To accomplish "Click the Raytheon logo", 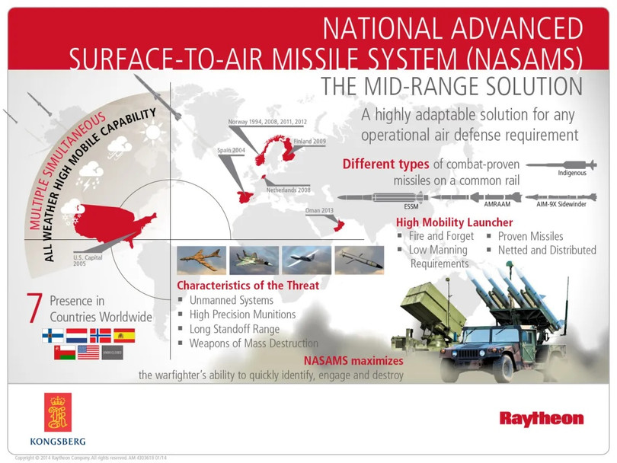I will (542, 418).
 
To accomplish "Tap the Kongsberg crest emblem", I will (57, 412).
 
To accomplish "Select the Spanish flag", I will (123, 335).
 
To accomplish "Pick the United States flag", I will (88, 353).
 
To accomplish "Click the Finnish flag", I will (53, 335).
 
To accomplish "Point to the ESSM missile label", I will (411, 206).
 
